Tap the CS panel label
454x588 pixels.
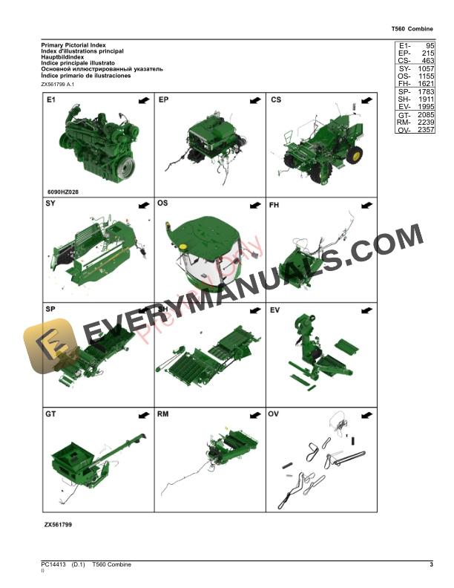276,99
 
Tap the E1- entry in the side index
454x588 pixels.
404,46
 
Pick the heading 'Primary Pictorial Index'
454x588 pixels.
73,46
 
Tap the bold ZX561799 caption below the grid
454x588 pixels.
58,523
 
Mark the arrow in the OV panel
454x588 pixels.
365,414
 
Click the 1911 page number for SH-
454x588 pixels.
425,98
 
